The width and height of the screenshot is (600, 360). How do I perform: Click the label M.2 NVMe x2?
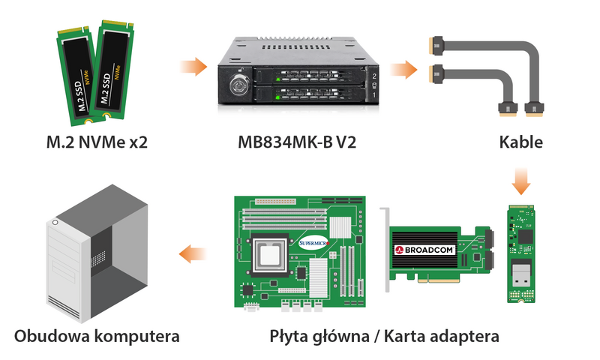[97, 142]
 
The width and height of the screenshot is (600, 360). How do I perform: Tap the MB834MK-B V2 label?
[297, 142]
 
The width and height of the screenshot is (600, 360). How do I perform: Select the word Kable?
[520, 142]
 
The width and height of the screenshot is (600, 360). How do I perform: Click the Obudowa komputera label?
[97, 337]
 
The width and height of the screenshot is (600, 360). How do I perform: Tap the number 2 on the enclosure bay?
[373, 76]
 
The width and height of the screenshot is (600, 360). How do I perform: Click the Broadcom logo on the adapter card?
[424, 250]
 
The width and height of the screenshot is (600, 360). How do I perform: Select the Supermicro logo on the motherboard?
[313, 243]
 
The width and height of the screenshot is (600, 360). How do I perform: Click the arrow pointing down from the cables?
[520, 181]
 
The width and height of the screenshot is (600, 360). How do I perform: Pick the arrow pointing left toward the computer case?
[193, 254]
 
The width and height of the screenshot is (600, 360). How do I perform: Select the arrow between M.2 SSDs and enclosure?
[193, 67]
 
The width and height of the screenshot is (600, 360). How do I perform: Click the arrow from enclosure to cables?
[403, 70]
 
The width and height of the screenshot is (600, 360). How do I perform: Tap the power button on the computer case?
[55, 222]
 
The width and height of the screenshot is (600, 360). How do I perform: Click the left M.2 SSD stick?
[77, 76]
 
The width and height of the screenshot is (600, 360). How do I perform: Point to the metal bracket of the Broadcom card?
[385, 250]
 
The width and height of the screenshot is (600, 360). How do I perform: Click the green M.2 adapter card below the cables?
[520, 254]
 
